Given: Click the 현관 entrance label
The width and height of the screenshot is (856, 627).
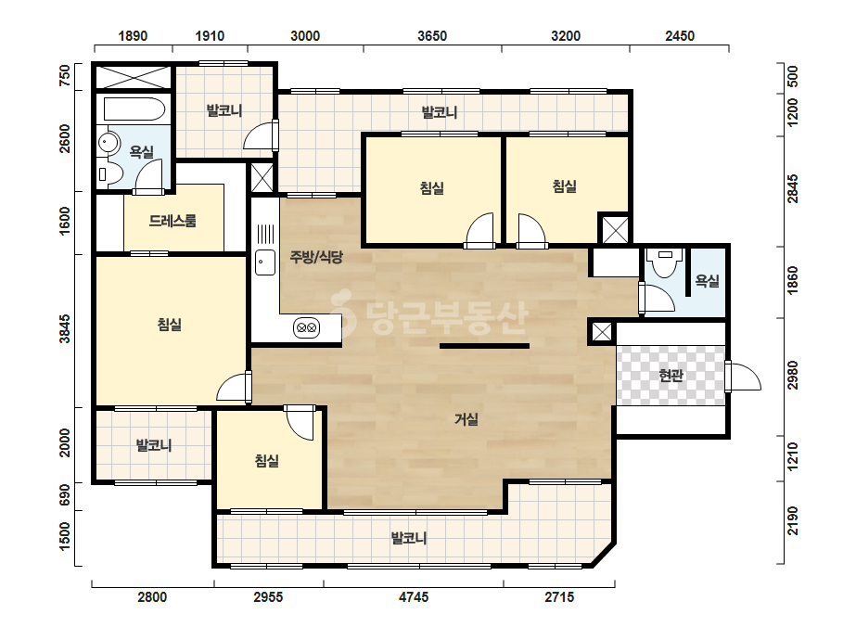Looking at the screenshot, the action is click(x=671, y=376).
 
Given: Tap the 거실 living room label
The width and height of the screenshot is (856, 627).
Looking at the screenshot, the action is click(x=466, y=419).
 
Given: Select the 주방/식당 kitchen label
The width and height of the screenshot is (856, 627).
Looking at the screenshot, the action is click(x=316, y=257).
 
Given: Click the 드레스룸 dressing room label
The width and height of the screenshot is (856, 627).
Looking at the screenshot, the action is click(x=172, y=221).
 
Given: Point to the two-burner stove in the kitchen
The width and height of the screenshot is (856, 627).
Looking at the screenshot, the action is click(x=306, y=328).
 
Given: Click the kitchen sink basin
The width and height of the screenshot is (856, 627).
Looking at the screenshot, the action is click(x=265, y=262).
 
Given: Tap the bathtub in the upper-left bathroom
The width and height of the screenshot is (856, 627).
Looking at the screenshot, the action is click(x=134, y=109).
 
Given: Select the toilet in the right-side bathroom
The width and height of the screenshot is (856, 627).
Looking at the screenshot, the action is click(x=665, y=262).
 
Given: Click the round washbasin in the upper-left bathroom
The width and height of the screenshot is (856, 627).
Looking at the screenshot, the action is click(x=109, y=143).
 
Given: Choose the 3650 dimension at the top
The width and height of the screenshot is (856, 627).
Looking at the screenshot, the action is click(x=432, y=36).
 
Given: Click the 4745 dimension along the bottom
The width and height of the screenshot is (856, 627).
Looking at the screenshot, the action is click(x=414, y=597).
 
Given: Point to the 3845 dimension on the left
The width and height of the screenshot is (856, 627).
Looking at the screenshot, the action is click(x=65, y=328).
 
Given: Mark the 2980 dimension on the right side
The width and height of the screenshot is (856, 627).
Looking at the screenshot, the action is click(x=793, y=376).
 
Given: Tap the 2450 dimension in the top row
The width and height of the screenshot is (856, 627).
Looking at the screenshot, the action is click(x=680, y=36).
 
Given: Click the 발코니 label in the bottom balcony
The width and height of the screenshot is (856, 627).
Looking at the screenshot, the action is click(x=409, y=539).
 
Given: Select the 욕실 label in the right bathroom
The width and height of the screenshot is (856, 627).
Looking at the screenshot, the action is click(x=707, y=281).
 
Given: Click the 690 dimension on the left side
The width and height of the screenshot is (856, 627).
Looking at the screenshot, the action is click(x=65, y=495).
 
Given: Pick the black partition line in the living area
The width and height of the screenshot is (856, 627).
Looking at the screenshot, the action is click(x=484, y=346).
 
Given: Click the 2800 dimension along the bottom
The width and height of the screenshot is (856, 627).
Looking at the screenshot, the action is click(x=152, y=597).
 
